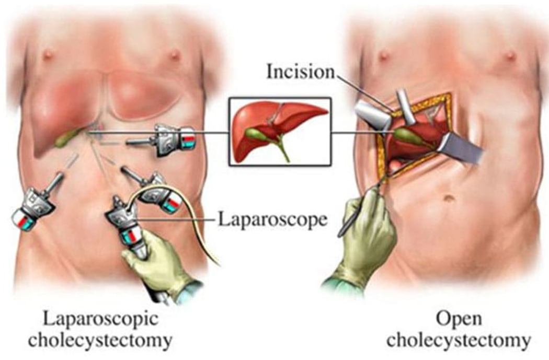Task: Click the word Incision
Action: [x=301, y=72]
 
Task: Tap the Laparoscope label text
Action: [x=273, y=219]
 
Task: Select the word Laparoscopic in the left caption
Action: [x=101, y=320]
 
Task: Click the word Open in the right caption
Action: [x=459, y=320]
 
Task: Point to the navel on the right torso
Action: [x=449, y=199]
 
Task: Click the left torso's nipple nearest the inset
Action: [x=174, y=55]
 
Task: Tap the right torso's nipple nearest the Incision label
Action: [x=384, y=55]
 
